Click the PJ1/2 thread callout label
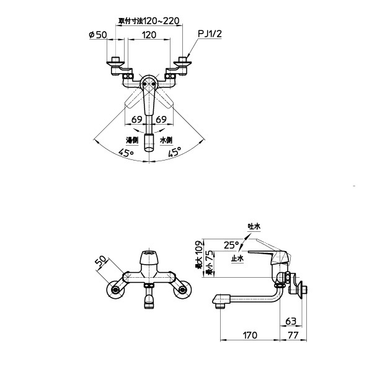(210, 34)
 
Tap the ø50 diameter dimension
(98, 35)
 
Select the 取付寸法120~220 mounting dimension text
(149, 21)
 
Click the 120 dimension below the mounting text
(149, 35)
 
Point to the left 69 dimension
(137, 119)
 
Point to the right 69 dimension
(161, 119)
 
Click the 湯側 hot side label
(132, 140)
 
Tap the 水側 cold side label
(166, 140)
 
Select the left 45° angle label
(126, 153)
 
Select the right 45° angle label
(175, 152)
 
